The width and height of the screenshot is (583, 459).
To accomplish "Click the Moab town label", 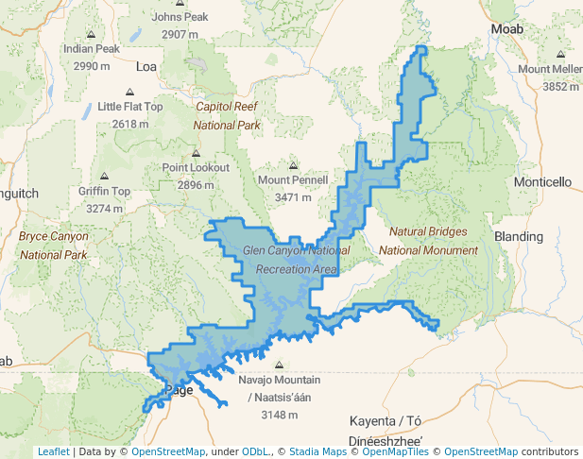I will pyautogui.click(x=507, y=30).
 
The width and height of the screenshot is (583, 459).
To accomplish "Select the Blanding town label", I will pyautogui.click(x=519, y=236).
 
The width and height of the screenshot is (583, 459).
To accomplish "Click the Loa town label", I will pyautogui.click(x=146, y=66).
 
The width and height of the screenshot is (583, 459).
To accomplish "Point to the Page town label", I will pyautogui.click(x=179, y=389).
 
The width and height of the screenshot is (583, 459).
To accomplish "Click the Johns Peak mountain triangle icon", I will pyautogui.click(x=180, y=4).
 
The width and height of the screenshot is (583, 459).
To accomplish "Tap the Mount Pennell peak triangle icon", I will pyautogui.click(x=293, y=165).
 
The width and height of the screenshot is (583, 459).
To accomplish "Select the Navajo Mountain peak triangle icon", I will pyautogui.click(x=279, y=365).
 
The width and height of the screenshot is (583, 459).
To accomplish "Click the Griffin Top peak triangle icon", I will pyautogui.click(x=104, y=177).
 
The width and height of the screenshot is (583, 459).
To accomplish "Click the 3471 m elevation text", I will pyautogui.click(x=293, y=198).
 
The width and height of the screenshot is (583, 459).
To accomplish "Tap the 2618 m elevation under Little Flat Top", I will pyautogui.click(x=130, y=124).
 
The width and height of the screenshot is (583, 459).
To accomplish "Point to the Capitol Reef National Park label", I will pyautogui.click(x=227, y=115).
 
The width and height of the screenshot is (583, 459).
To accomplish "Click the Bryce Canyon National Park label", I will pyautogui.click(x=53, y=245).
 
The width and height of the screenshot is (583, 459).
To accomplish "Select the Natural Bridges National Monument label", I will pyautogui.click(x=428, y=241).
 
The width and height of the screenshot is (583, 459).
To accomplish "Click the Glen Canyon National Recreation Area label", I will pyautogui.click(x=296, y=260).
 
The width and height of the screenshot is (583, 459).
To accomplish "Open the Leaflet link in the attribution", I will pyautogui.click(x=53, y=451).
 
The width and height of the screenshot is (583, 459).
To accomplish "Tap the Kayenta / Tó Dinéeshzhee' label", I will pyautogui.click(x=386, y=430).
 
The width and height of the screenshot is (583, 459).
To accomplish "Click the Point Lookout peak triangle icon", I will pyautogui.click(x=196, y=152).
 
